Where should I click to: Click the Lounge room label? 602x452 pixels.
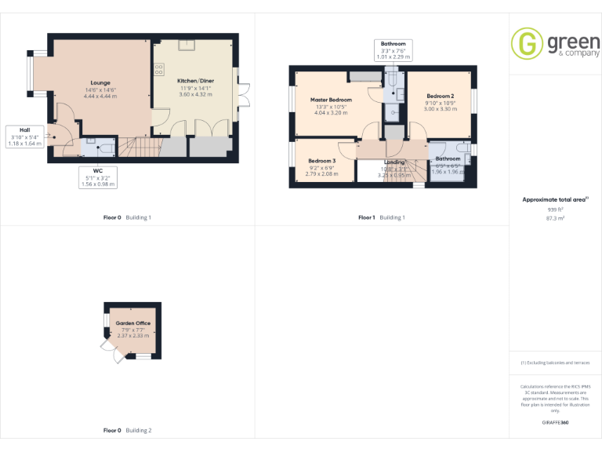(x=100, y=82)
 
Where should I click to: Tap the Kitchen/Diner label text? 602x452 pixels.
(x=195, y=81)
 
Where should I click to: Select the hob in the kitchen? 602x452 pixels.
(x=159, y=69)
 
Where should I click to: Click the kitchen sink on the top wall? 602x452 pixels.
(x=188, y=44)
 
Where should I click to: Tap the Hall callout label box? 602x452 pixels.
(x=24, y=137)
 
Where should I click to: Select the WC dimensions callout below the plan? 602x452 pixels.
(x=99, y=177)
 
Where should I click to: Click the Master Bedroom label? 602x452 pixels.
(x=331, y=100)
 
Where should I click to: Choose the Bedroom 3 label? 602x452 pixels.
(x=321, y=160)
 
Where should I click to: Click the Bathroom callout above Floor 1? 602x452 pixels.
(x=393, y=49)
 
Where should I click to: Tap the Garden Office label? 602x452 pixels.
(x=132, y=323)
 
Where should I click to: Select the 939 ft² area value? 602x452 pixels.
(x=556, y=210)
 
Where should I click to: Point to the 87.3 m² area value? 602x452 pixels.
(x=556, y=218)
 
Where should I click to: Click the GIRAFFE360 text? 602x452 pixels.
(x=556, y=423)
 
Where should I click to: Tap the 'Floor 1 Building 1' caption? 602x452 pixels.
(x=382, y=217)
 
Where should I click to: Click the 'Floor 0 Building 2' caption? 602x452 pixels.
(x=128, y=430)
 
